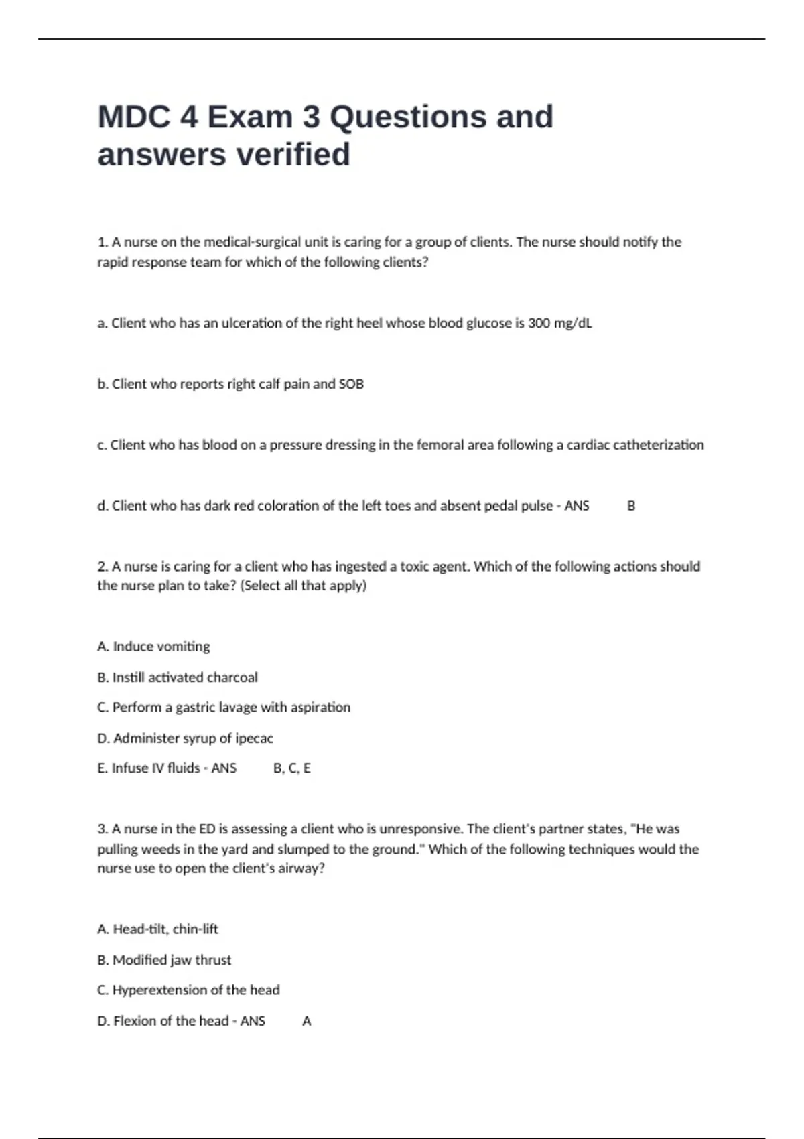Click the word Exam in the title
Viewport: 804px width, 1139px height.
click(x=250, y=117)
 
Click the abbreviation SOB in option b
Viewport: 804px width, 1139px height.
click(x=351, y=384)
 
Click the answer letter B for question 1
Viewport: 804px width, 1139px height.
click(x=631, y=506)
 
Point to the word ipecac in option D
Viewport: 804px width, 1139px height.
click(x=254, y=738)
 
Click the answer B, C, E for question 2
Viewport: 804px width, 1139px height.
click(x=292, y=768)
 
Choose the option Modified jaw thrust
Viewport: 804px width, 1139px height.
click(x=172, y=960)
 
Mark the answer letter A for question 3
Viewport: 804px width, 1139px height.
click(x=307, y=1021)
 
